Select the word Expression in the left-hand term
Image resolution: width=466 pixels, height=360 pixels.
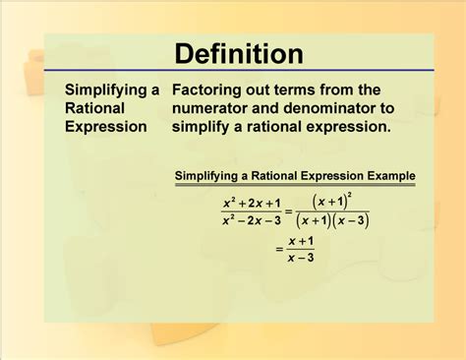click(106, 127)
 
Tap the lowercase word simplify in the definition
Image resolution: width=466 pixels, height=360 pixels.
click(204, 127)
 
